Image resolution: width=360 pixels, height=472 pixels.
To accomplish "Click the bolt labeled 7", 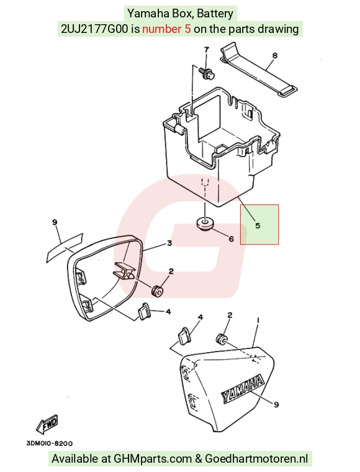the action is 207,73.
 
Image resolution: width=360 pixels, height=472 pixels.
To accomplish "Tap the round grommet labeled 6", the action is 204,224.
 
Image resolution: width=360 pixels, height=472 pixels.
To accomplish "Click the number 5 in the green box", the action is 258,225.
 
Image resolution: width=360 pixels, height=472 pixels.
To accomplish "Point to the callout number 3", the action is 169,243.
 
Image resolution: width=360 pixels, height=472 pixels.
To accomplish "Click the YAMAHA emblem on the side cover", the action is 242,388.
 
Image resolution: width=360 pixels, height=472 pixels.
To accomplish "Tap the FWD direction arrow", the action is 47,424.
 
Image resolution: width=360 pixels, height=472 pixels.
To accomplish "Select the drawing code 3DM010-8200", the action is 49,443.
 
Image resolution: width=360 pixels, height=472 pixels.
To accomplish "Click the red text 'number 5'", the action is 166,29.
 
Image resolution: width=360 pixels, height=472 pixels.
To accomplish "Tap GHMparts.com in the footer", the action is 153,459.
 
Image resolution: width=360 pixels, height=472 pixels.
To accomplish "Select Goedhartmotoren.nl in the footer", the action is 256,459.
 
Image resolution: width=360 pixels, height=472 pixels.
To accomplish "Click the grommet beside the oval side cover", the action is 157,291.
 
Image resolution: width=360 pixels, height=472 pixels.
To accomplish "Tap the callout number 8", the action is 274,56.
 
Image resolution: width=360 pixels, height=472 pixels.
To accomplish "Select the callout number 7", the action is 206,50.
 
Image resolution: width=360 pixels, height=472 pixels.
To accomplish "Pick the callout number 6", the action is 231,238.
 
